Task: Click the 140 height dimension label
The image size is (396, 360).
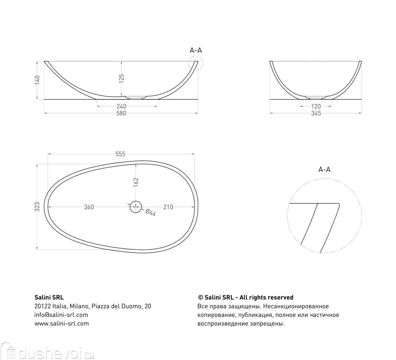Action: (x=37, y=80)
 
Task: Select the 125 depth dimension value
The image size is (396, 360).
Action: (x=121, y=79)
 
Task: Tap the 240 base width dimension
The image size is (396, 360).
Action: (x=121, y=106)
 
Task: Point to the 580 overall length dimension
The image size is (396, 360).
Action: (x=121, y=114)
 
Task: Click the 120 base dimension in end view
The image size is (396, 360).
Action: (x=316, y=106)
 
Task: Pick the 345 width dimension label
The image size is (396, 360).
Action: (x=316, y=114)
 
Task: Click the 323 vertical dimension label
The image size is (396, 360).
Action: (x=37, y=207)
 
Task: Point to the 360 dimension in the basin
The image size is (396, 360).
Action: (x=89, y=207)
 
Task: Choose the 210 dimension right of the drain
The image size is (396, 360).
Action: (x=168, y=207)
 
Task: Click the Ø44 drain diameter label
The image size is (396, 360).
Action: (x=150, y=213)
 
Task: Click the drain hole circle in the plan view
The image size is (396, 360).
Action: (x=135, y=207)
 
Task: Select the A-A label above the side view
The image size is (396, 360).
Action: (x=196, y=50)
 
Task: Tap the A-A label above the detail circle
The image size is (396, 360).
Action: (x=324, y=170)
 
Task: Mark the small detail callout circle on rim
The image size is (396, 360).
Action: (x=196, y=63)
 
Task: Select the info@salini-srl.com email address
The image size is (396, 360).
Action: (x=61, y=315)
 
